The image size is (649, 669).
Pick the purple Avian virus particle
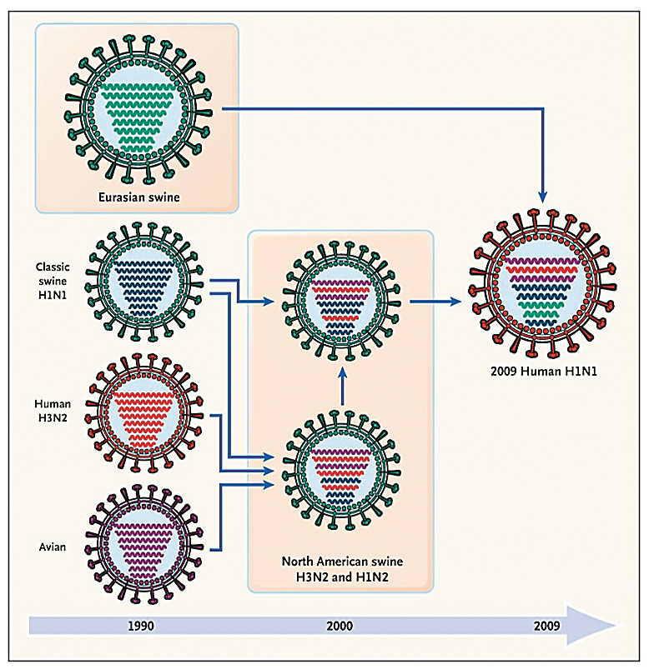pos(146,538)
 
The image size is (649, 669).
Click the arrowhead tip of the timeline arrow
pos(616,625)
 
